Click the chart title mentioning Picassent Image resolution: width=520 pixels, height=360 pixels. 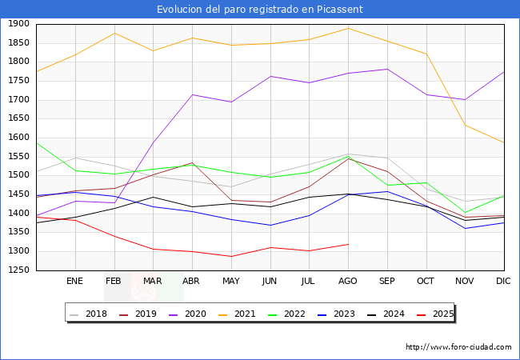click(x=260, y=9)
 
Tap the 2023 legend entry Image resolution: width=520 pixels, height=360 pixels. click(x=343, y=314)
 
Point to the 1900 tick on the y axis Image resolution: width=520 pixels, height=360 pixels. click(x=18, y=24)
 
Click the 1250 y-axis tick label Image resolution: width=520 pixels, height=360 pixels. click(x=18, y=270)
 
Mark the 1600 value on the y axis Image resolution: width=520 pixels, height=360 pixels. click(x=18, y=138)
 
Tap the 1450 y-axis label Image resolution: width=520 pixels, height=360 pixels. click(x=18, y=194)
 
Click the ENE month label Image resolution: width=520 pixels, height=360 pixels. click(x=75, y=282)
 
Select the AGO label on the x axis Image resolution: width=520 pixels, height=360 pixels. click(x=348, y=282)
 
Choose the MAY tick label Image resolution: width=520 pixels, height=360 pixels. click(x=231, y=282)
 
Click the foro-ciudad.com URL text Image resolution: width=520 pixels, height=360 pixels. click(x=458, y=347)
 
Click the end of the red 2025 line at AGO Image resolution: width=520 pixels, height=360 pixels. click(x=348, y=244)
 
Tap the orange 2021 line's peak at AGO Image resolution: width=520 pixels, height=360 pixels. click(x=348, y=28)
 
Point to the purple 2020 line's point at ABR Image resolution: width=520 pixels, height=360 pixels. click(x=192, y=94)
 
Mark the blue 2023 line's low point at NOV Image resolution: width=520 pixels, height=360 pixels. click(x=465, y=229)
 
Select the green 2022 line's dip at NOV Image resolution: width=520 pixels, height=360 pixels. click(x=465, y=213)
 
